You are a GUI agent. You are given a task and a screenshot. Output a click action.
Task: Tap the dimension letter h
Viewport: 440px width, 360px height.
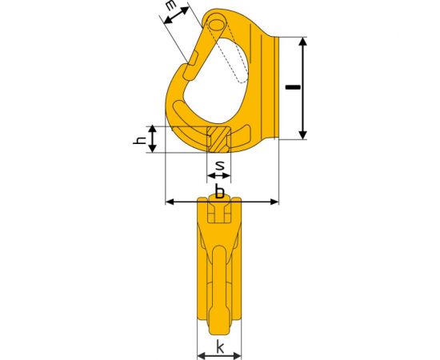137,141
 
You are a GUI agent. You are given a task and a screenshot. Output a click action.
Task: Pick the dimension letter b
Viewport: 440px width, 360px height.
219,193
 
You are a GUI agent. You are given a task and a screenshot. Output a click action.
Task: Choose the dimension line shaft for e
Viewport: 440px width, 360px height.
178,24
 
